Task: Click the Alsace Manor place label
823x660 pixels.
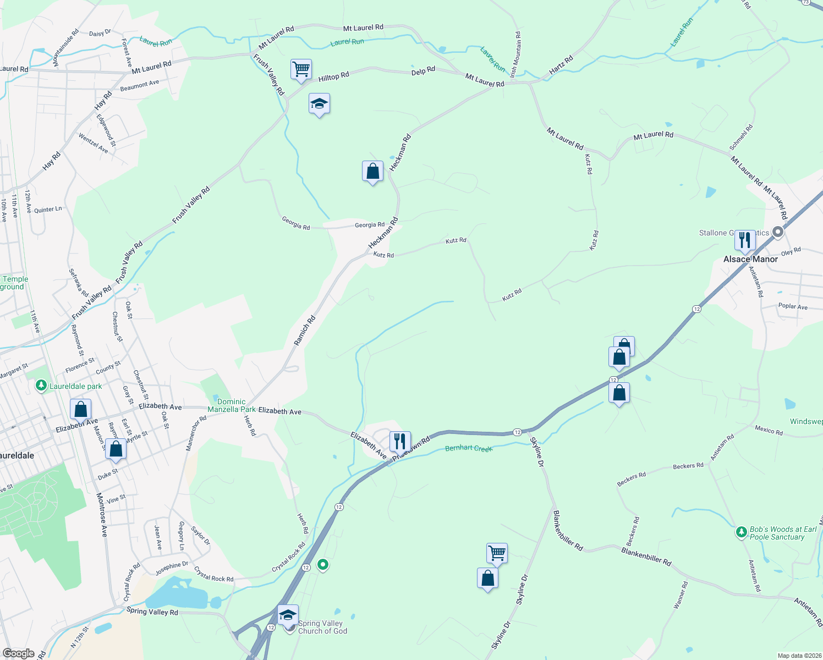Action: pyautogui.click(x=750, y=259)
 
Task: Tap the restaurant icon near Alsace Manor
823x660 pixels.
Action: pyautogui.click(x=744, y=240)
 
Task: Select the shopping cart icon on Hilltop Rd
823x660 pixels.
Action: pyautogui.click(x=301, y=70)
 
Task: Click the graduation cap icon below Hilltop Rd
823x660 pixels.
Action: pyautogui.click(x=319, y=104)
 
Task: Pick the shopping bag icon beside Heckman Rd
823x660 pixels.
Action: pyautogui.click(x=372, y=172)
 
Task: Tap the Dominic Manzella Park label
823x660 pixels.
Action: pyautogui.click(x=232, y=405)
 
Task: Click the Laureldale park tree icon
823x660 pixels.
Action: pyautogui.click(x=41, y=386)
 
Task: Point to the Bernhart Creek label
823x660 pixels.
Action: pyautogui.click(x=469, y=448)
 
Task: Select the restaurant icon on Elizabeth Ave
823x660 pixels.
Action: pyautogui.click(x=400, y=441)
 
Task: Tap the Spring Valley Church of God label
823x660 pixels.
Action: pyautogui.click(x=322, y=627)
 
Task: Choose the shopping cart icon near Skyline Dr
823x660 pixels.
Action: pyautogui.click(x=497, y=553)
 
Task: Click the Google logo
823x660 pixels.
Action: pyautogui.click(x=19, y=653)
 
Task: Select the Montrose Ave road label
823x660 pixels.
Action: pyautogui.click(x=102, y=515)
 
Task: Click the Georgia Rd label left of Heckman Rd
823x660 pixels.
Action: pyautogui.click(x=296, y=223)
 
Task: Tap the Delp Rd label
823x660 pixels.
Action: pyautogui.click(x=423, y=71)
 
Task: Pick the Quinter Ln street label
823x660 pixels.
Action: pyautogui.click(x=48, y=210)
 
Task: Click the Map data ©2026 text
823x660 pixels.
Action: pyautogui.click(x=798, y=656)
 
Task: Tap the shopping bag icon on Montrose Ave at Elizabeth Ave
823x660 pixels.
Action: pyautogui.click(x=80, y=410)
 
